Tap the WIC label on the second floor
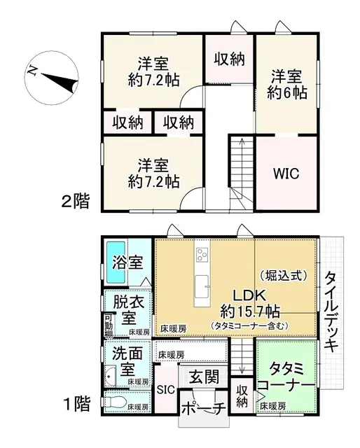tap(285, 173)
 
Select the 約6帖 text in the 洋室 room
tap(286, 90)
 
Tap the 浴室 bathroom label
tap(127, 263)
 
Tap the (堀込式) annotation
tap(283, 275)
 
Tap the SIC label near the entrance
tap(165, 390)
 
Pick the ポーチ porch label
tap(203, 409)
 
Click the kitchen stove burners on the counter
tap(202, 253)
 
